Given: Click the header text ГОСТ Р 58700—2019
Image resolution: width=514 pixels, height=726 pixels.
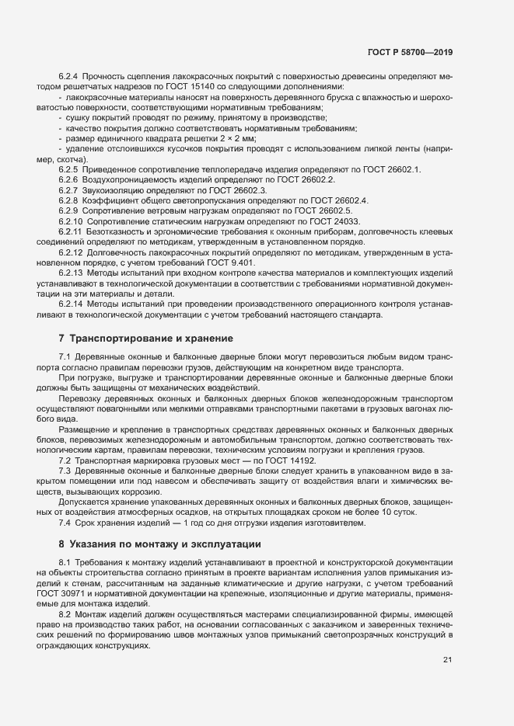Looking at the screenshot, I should [x=410, y=52].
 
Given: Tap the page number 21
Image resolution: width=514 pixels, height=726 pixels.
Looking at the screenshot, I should [x=447, y=660].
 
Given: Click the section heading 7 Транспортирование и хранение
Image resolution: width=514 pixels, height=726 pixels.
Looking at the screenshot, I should [x=145, y=339].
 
